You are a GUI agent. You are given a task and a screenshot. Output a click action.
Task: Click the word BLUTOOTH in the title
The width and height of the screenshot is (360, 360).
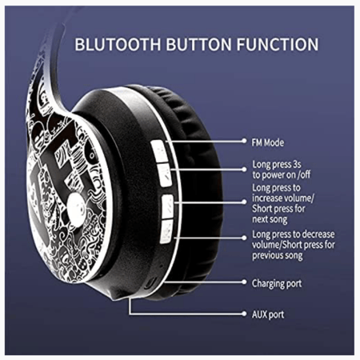point(118,44)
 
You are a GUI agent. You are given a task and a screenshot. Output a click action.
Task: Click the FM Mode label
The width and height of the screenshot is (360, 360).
point(268,142)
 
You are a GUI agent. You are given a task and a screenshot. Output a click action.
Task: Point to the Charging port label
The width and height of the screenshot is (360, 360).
point(277,283)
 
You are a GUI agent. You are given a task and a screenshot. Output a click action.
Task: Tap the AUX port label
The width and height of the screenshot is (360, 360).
point(268,314)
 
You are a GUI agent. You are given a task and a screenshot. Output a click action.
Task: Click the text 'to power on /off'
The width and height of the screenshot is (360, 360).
point(282,174)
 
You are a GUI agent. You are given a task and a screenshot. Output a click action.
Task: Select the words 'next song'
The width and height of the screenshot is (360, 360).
point(270,219)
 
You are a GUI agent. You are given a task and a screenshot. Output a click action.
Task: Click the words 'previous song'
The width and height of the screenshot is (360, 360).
point(278,255)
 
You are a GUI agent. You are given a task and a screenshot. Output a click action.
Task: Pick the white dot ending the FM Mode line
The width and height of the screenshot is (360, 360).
point(244,141)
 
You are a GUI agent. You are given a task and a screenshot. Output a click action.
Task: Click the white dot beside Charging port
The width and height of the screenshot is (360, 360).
point(244,282)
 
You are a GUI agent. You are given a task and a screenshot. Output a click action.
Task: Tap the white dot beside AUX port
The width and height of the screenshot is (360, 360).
point(244,314)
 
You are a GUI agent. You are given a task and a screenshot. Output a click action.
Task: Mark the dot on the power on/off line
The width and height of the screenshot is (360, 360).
point(244,170)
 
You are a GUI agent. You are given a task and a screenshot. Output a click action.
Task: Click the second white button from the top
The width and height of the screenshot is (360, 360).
point(165,175)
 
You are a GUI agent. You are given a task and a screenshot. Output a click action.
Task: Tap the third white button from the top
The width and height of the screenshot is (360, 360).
point(168,206)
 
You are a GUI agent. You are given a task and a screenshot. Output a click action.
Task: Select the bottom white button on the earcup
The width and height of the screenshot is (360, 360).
point(166,231)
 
